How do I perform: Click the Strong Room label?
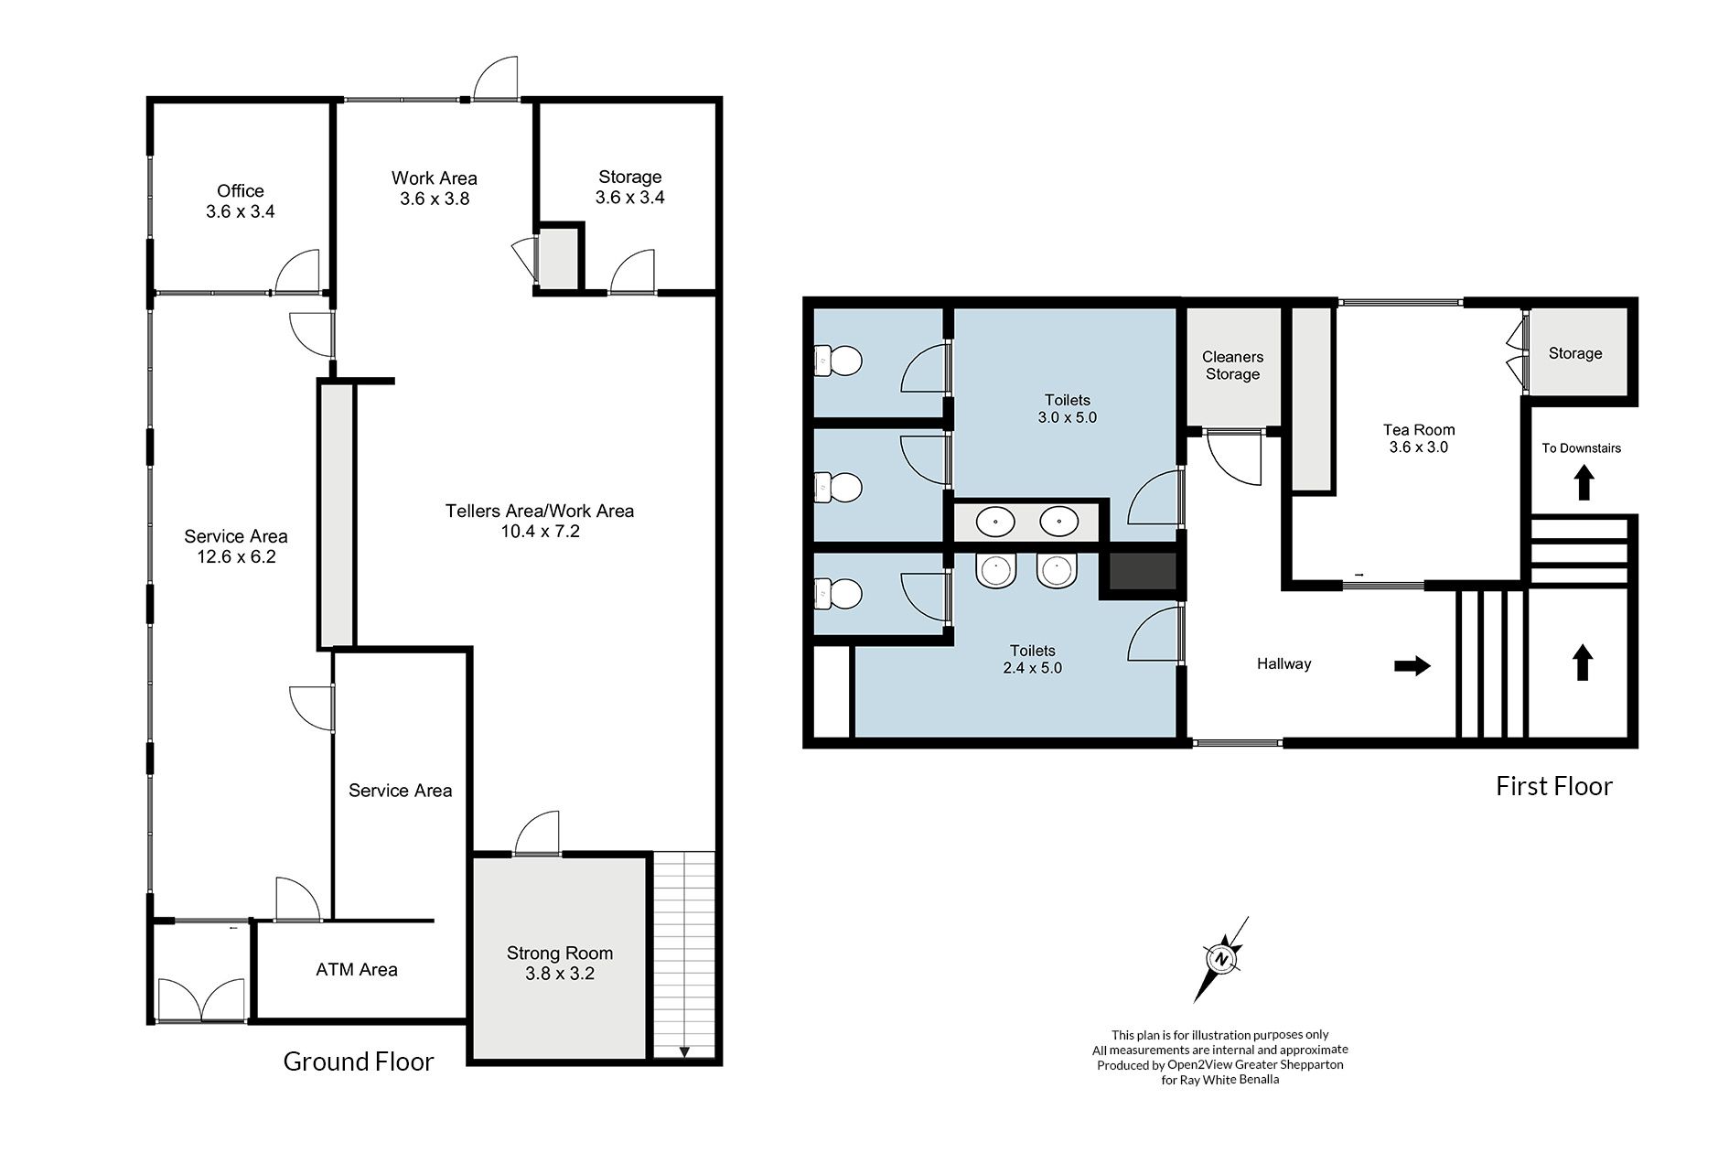pyautogui.click(x=560, y=954)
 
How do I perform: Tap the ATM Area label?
pyautogui.click(x=357, y=970)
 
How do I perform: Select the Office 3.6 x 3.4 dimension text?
pyautogui.click(x=241, y=211)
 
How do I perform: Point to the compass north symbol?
pyautogui.click(x=1221, y=959)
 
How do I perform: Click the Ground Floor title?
pyautogui.click(x=359, y=1061)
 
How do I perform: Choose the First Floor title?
pyautogui.click(x=1554, y=786)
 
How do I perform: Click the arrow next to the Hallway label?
pyautogui.click(x=1412, y=666)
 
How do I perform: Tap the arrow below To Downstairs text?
pyautogui.click(x=1584, y=483)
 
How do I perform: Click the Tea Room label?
pyautogui.click(x=1419, y=430)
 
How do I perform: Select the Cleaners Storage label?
pyautogui.click(x=1233, y=365)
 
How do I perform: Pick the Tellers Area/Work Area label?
pyautogui.click(x=540, y=512)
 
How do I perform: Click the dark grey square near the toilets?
pyautogui.click(x=1143, y=571)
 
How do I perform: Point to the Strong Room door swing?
pyautogui.click(x=537, y=832)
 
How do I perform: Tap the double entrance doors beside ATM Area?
pyautogui.click(x=202, y=999)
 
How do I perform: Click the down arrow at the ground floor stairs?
pyautogui.click(x=684, y=1051)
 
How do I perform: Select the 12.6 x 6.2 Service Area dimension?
pyautogui.click(x=236, y=557)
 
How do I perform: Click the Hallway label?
pyautogui.click(x=1284, y=664)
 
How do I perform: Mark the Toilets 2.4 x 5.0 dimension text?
pyautogui.click(x=1033, y=668)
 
